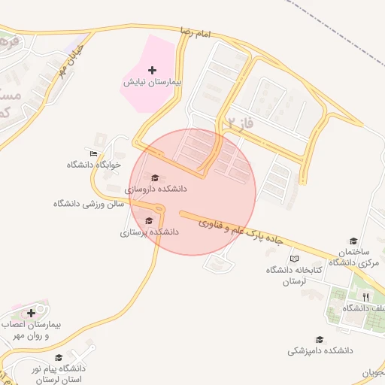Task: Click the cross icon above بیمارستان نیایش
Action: pyautogui.click(x=153, y=69)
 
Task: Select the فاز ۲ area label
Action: pyautogui.click(x=236, y=119)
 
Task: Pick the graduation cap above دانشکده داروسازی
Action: pyautogui.click(x=155, y=178)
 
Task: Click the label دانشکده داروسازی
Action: pyautogui.click(x=156, y=189)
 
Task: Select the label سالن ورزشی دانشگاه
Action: pyautogui.click(x=88, y=204)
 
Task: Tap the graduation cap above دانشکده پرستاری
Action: pyautogui.click(x=149, y=221)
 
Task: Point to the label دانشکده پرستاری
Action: pyautogui.click(x=149, y=232)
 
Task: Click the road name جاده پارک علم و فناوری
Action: pyautogui.click(x=241, y=232)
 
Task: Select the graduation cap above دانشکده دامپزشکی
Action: pyautogui.click(x=320, y=340)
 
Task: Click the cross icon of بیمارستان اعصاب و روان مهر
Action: pyautogui.click(x=31, y=313)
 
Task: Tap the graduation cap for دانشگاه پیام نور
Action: pyautogui.click(x=59, y=357)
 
